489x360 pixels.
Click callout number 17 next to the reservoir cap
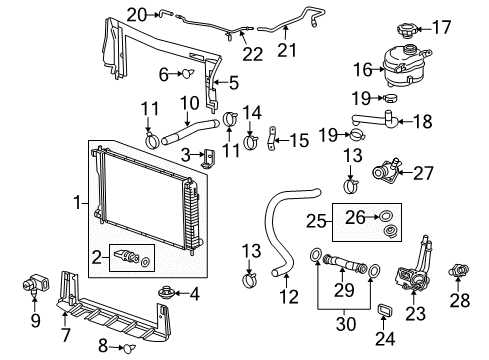[x=468, y=27]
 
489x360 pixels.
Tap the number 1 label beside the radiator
[x=79, y=203]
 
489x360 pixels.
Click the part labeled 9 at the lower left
[x=30, y=290]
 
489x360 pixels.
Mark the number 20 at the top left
[x=136, y=13]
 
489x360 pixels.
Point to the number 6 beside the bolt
[x=162, y=73]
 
